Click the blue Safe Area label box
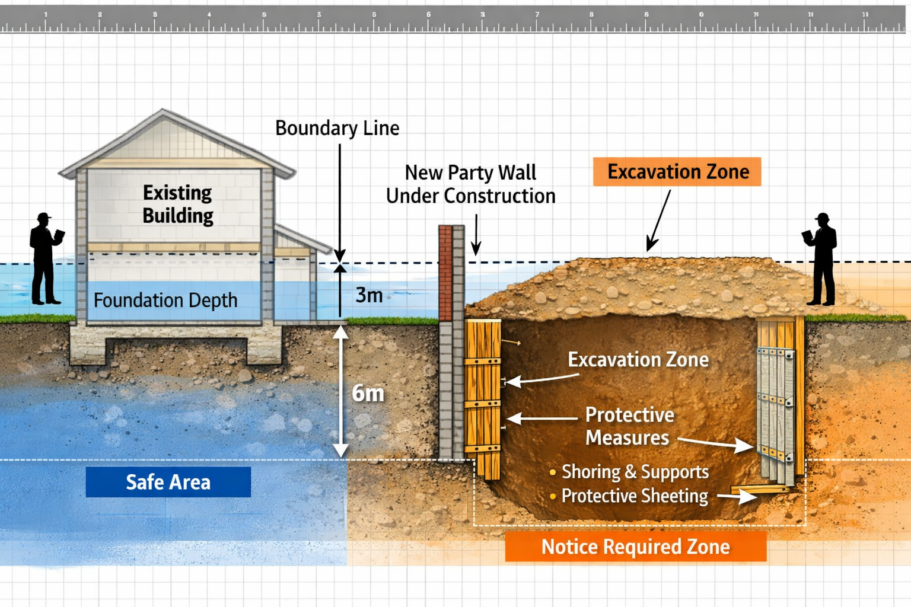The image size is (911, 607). [x=168, y=482]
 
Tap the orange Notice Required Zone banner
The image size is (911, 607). [x=635, y=547]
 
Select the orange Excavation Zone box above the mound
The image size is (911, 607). [x=677, y=172]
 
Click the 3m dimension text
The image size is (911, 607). [x=369, y=295]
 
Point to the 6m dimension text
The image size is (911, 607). [x=368, y=393]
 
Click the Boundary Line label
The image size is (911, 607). [x=337, y=128]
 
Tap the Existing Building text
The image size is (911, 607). [x=177, y=204]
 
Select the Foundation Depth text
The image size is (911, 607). [x=165, y=301]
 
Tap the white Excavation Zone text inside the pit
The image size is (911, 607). [x=638, y=360]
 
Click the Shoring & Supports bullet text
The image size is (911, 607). [x=635, y=472]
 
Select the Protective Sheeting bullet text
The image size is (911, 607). [x=635, y=496]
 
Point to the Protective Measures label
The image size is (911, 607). [x=629, y=426]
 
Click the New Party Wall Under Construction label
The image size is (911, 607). [x=470, y=184]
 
